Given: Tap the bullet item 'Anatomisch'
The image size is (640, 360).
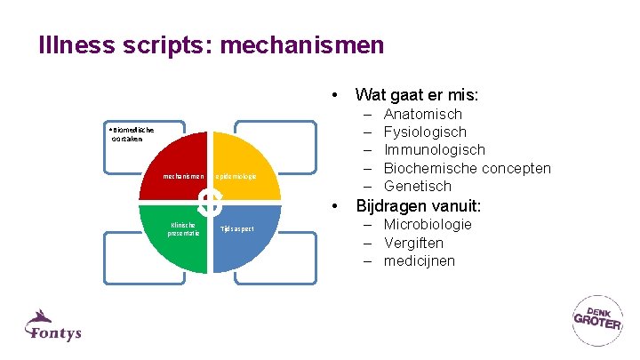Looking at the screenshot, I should pos(422,114).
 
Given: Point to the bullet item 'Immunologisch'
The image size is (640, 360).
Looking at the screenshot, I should pos(434,149).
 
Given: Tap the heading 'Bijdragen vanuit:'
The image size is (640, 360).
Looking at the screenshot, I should pos(418,206).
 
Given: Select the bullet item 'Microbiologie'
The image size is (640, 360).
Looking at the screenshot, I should pos(428,224).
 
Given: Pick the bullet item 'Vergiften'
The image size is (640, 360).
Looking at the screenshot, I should pos(413,243).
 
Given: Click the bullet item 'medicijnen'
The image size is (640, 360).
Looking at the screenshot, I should pos(419,260).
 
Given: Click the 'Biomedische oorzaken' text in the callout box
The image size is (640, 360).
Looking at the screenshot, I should pos(130,133).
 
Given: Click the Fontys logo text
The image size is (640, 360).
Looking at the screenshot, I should pos(55,332).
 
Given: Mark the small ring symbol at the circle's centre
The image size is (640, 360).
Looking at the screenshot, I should pos(210,202).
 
